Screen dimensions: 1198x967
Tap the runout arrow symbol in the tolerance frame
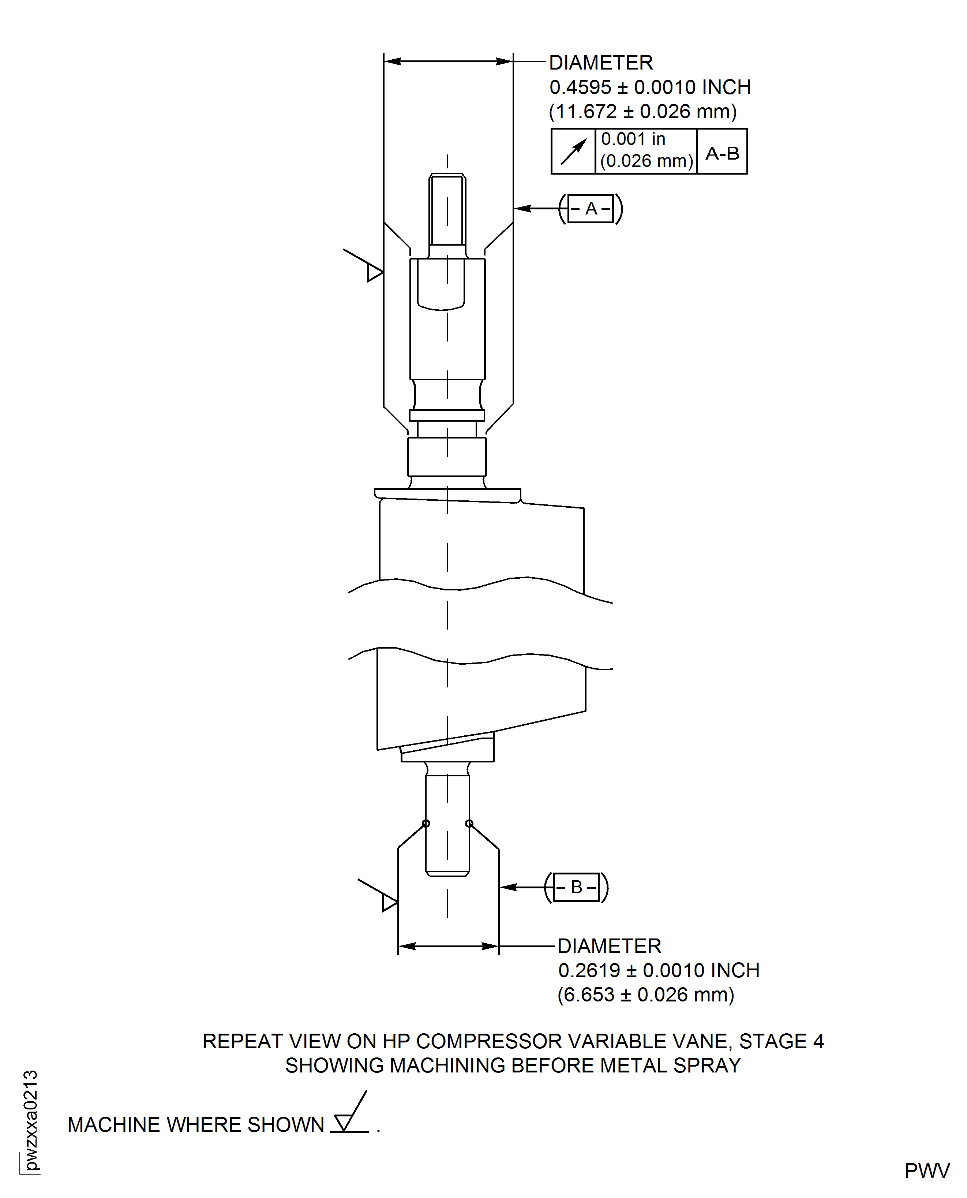click(573, 152)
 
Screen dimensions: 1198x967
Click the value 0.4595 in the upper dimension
click(580, 87)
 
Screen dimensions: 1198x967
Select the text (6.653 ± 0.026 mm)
click(646, 994)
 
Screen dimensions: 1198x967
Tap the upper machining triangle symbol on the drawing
click(374, 272)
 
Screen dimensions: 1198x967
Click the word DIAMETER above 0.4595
click(600, 63)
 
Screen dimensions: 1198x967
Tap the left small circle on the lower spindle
click(426, 824)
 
